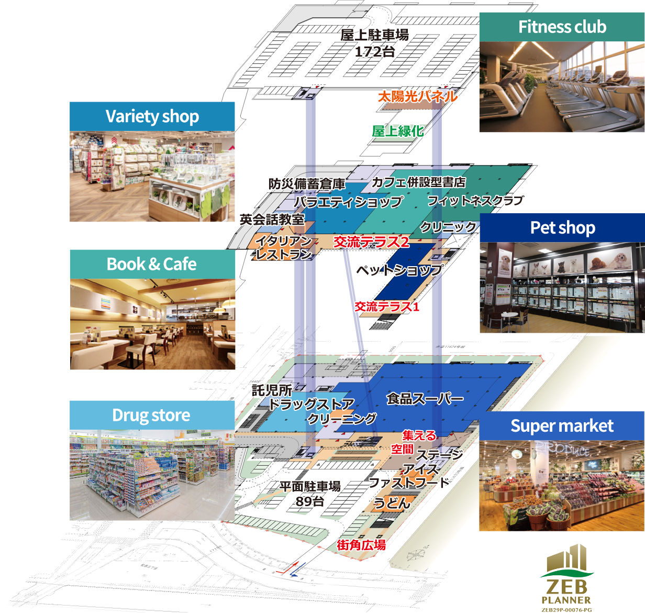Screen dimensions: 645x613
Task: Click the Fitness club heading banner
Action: point(562,27)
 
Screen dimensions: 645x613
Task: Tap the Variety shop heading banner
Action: point(152,116)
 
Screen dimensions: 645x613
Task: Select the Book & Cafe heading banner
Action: point(152,264)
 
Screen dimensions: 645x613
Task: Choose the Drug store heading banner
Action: point(152,415)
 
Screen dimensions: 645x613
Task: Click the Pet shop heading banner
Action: point(562,227)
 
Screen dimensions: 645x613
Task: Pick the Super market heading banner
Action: point(562,425)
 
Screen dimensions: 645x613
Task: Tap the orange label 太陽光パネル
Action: point(417,96)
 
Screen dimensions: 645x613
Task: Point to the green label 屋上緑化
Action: point(397,130)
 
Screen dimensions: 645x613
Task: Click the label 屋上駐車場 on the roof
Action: point(374,35)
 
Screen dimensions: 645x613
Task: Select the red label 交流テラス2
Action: point(371,242)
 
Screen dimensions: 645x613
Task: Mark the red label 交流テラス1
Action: point(387,306)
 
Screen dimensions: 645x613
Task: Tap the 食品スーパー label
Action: point(425,399)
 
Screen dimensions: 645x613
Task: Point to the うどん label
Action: point(391,503)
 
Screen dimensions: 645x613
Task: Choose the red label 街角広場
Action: point(361,545)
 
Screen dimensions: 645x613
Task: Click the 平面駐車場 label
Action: point(310,486)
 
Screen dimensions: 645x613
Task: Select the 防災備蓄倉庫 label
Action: point(306,184)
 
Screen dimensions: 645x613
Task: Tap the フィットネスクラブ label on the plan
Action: point(475,200)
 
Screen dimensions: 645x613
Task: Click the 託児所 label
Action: point(271,390)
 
